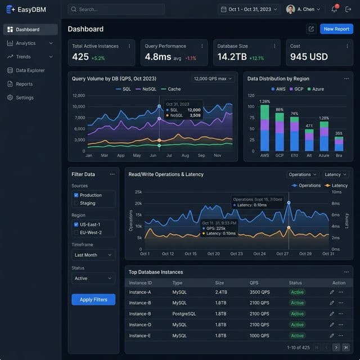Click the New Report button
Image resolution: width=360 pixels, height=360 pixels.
336,29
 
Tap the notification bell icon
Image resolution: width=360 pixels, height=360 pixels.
334,10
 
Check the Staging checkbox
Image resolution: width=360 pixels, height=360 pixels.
76,203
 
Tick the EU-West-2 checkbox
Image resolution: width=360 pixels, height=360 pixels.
76,232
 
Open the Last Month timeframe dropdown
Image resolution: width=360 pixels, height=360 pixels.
93,255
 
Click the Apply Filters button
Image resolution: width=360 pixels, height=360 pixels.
93,299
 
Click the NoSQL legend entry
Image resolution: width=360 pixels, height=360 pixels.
146,89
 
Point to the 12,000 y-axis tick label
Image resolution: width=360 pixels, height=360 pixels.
79,96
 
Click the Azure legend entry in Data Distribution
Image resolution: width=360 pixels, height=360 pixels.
317,89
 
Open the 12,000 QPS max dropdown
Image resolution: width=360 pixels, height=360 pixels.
213,79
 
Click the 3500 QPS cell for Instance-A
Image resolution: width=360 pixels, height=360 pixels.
260,292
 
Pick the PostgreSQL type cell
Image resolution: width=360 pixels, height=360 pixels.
185,314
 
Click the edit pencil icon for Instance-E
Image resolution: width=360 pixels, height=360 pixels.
332,336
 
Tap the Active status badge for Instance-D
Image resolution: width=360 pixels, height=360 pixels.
297,325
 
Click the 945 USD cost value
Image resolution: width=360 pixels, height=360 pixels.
309,57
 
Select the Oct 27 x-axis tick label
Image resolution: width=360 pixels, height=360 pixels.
282,254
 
